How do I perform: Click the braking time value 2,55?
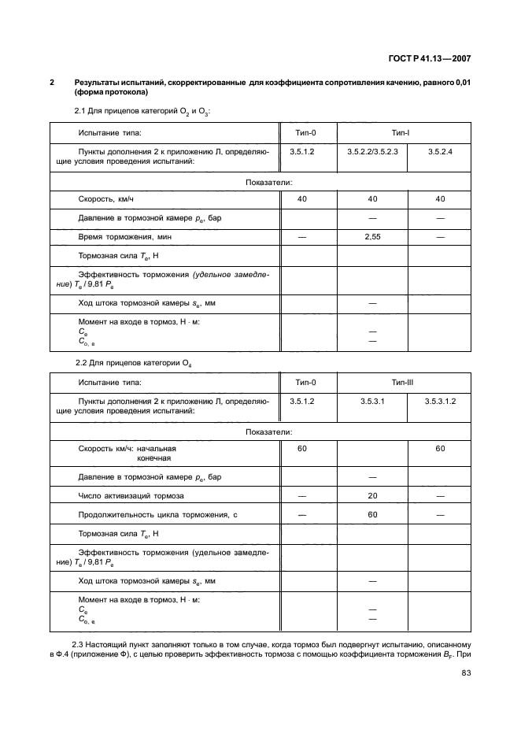(372, 236)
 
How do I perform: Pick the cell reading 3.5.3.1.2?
(440, 402)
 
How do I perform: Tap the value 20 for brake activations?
(372, 495)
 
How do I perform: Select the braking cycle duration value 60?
(372, 514)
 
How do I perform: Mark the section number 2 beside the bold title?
(52, 82)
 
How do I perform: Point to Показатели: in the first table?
(269, 182)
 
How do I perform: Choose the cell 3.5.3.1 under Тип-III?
(372, 402)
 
